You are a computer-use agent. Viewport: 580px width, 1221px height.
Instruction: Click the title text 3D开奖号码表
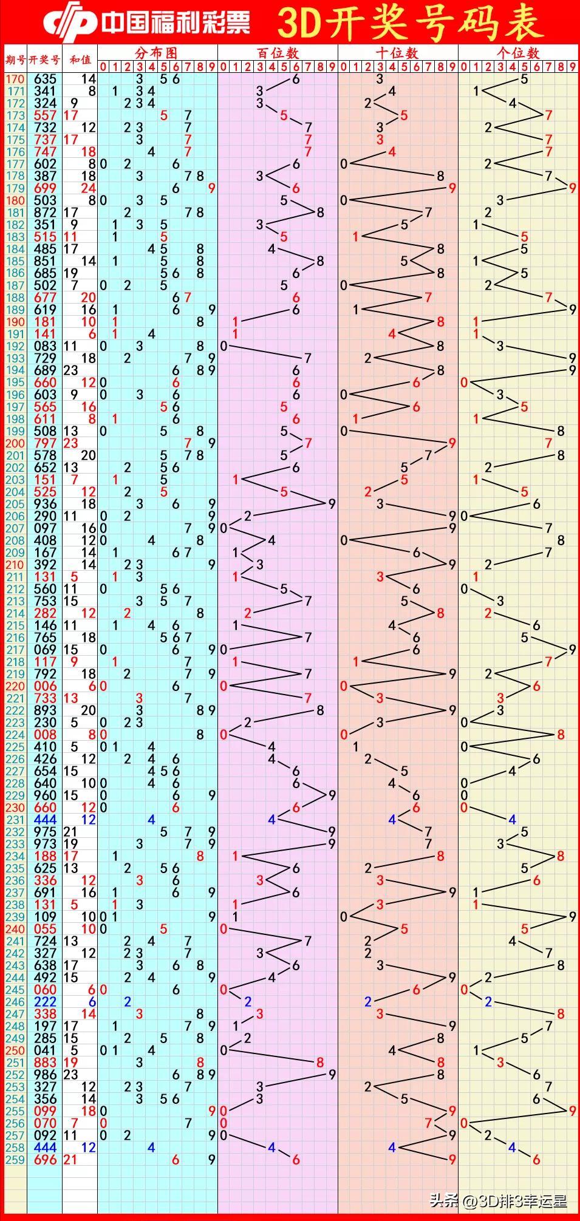click(x=410, y=23)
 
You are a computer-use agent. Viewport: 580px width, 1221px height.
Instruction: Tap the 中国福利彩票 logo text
click(x=175, y=23)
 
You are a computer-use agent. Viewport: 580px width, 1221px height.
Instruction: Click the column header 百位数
click(x=278, y=53)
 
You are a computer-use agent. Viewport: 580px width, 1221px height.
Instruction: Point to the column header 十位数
click(x=397, y=53)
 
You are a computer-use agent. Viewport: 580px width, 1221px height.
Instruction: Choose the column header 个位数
click(x=517, y=53)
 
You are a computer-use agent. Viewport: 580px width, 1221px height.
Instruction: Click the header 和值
click(x=80, y=60)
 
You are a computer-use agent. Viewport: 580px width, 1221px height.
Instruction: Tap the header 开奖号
click(x=44, y=60)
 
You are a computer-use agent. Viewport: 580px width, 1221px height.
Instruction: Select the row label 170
click(x=15, y=79)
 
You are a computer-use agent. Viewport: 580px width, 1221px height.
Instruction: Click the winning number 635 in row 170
click(x=45, y=79)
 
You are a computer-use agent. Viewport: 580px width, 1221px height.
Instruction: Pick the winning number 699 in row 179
click(x=45, y=188)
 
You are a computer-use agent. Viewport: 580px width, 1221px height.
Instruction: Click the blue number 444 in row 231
click(x=45, y=820)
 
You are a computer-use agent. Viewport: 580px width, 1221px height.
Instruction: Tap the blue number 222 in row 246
click(x=45, y=1002)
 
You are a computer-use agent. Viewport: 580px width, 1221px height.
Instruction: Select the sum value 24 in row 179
click(x=89, y=188)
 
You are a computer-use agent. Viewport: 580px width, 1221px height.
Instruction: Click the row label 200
click(x=15, y=443)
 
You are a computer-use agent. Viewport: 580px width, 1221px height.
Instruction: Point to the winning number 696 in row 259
click(x=45, y=1160)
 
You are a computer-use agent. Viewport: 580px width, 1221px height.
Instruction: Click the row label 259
click(x=15, y=1160)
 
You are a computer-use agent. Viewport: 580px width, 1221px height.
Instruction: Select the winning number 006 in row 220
click(x=45, y=686)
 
